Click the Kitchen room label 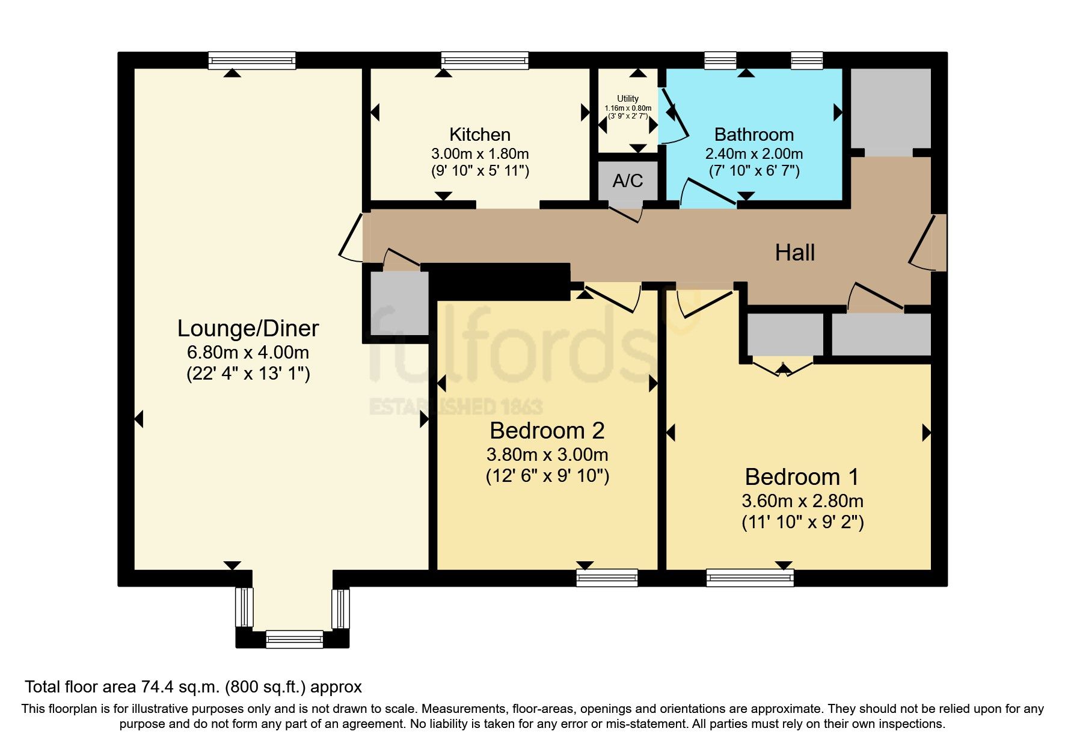click(480, 134)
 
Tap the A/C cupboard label click(628, 180)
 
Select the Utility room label click(628, 99)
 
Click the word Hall click(794, 253)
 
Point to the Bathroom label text click(753, 134)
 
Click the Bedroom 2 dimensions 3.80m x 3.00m click(547, 454)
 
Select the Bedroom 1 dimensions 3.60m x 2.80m click(802, 501)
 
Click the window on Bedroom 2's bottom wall click(607, 578)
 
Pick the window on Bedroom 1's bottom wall click(750, 578)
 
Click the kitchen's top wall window click(485, 60)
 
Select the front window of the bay click(295, 639)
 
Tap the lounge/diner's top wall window click(252, 60)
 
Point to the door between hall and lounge click(352, 238)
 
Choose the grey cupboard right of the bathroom click(891, 108)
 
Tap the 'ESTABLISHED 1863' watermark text click(455, 407)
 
